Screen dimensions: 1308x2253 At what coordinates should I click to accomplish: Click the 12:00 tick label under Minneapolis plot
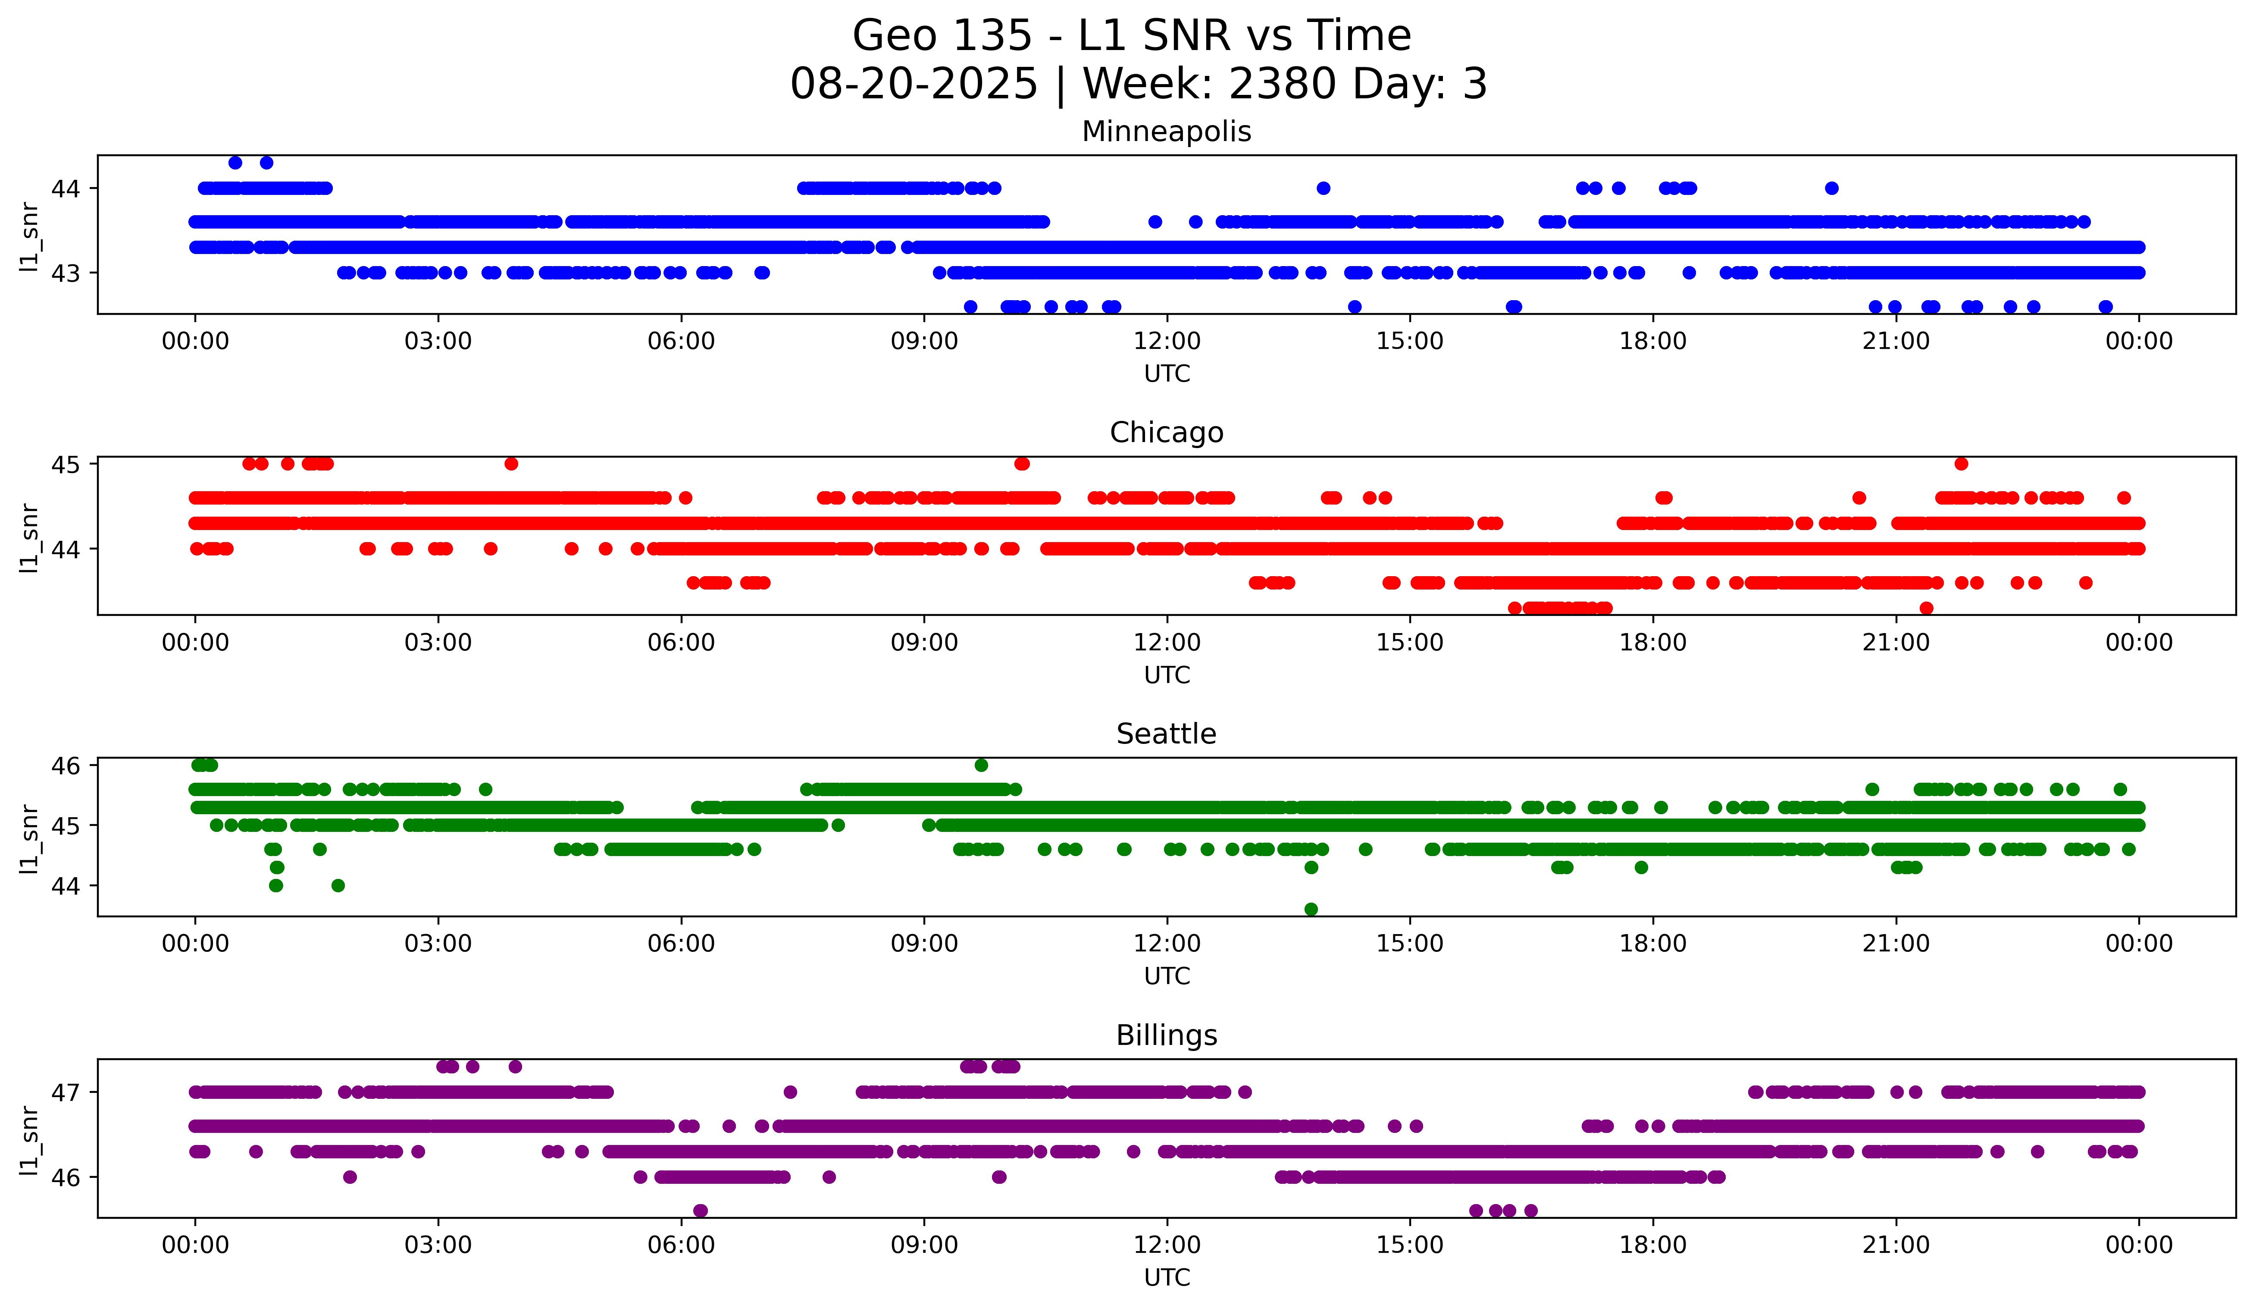pyautogui.click(x=1167, y=342)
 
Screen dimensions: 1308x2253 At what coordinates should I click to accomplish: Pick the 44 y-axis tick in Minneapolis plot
pyautogui.click(x=66, y=188)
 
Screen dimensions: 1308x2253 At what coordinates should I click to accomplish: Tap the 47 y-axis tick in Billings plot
pyautogui.click(x=66, y=1092)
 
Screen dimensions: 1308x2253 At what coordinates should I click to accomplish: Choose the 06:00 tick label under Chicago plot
pyautogui.click(x=681, y=643)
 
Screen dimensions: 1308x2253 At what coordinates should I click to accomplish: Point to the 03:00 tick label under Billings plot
pyautogui.click(x=438, y=1245)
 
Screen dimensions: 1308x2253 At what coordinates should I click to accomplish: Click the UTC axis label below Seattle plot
pyautogui.click(x=1167, y=976)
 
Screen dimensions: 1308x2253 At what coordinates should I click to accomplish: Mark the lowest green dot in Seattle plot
pyautogui.click(x=1311, y=909)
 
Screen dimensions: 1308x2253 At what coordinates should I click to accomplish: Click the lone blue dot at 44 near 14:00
pyautogui.click(x=1323, y=188)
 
